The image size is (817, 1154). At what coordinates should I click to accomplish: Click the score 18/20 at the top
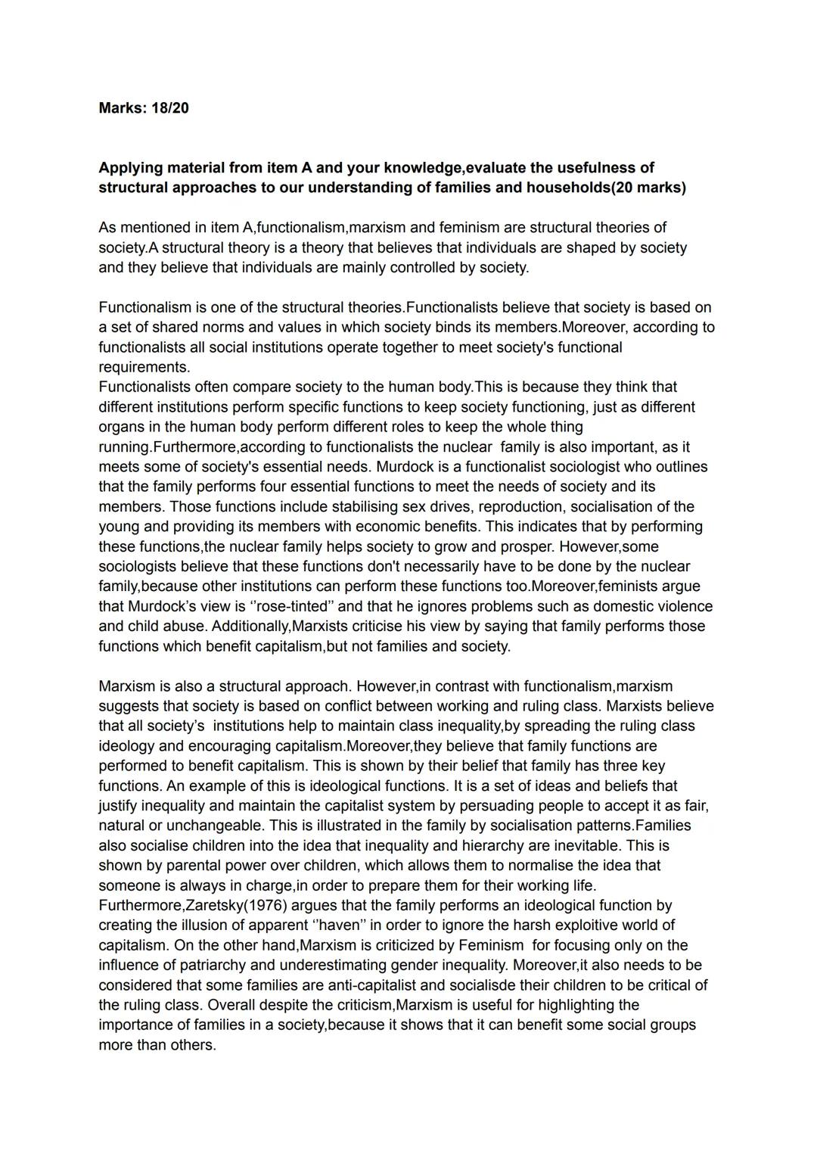169,108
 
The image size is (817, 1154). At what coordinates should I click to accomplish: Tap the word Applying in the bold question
129,168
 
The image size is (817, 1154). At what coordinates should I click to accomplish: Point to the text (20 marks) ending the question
648,188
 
